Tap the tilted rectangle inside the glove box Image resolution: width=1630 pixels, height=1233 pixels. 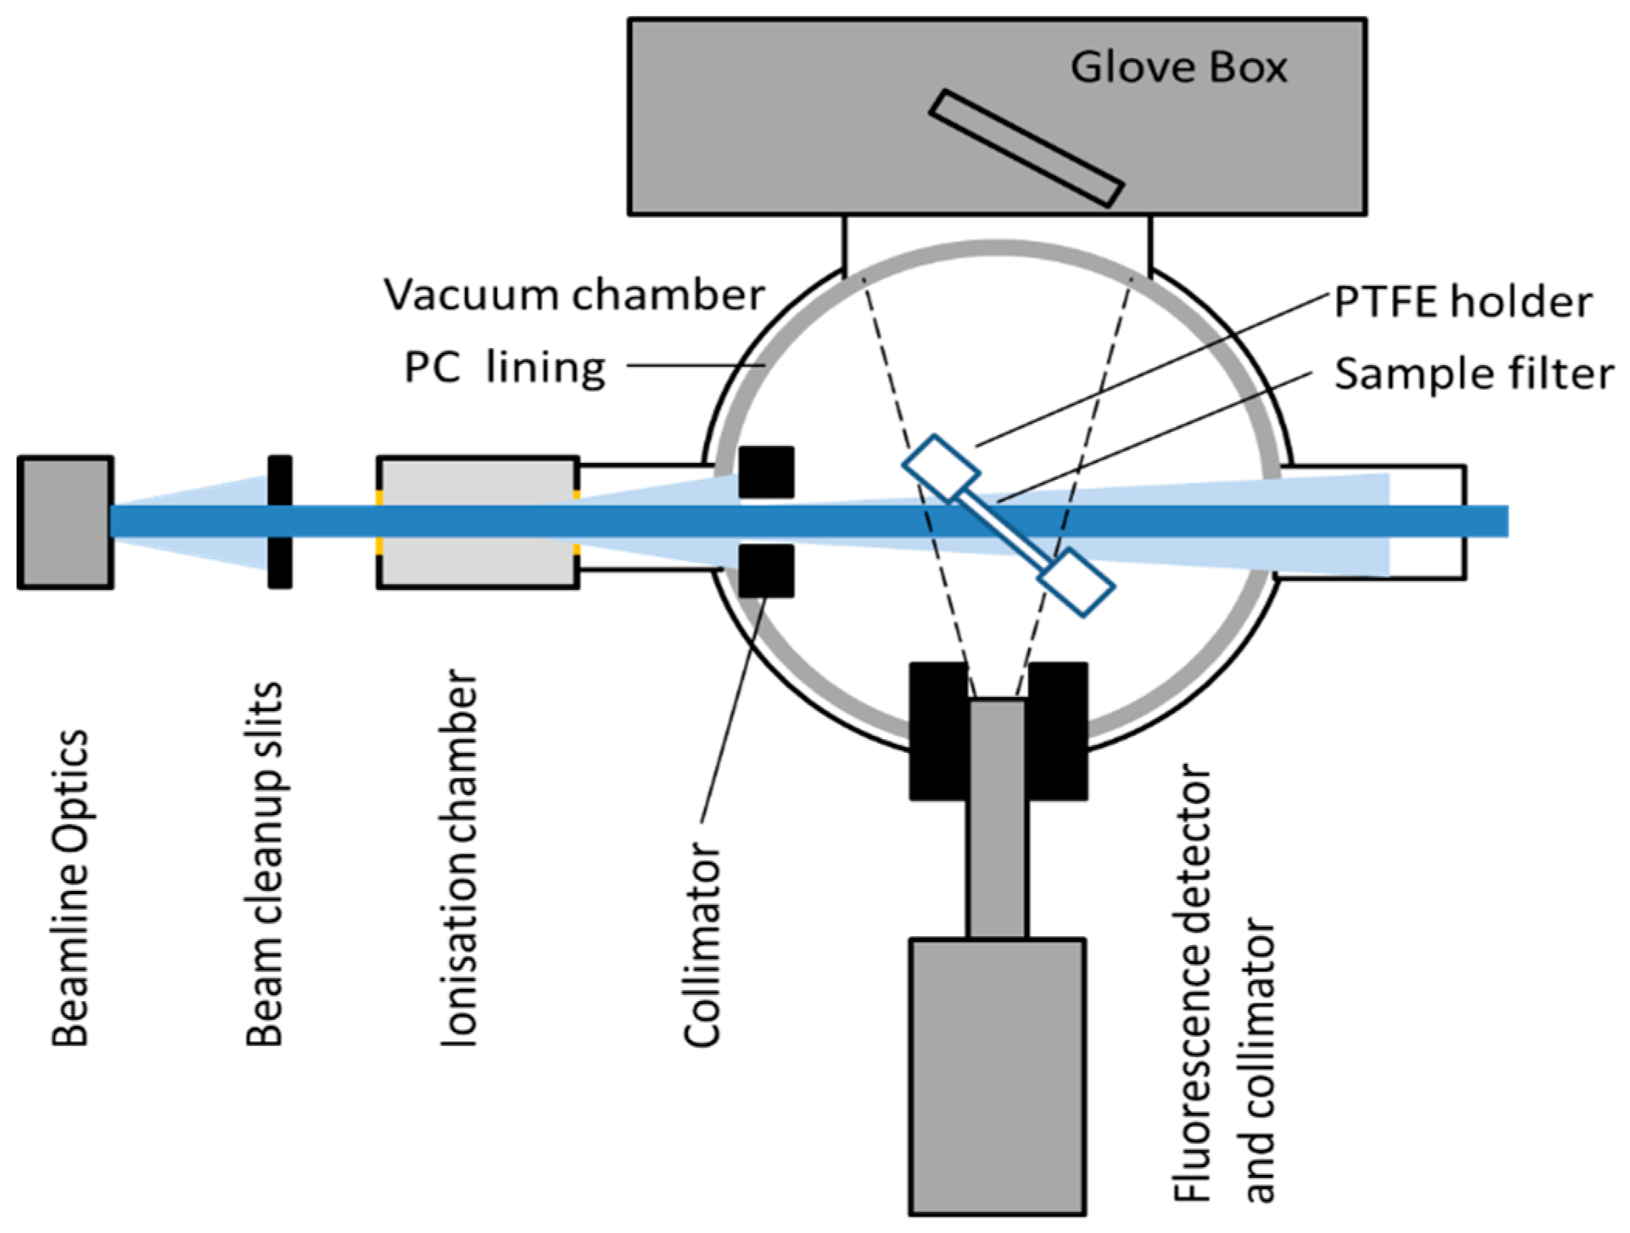[1026, 149]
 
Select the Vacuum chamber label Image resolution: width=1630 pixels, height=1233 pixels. [574, 295]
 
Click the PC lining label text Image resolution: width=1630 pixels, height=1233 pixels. [504, 368]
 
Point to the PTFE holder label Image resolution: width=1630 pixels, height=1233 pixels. [1462, 302]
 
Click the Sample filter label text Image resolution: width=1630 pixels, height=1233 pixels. [1473, 375]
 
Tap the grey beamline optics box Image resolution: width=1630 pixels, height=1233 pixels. [65, 522]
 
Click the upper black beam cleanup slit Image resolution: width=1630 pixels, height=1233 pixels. [280, 481]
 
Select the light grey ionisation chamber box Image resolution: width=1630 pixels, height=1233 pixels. [478, 522]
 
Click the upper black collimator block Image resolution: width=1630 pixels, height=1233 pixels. [765, 471]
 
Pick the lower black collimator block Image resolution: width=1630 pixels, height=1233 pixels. [765, 571]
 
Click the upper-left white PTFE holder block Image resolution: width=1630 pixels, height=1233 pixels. [941, 468]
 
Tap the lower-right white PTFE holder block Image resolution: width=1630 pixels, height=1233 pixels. [1076, 582]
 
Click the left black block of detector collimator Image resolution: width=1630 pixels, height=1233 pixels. [938, 730]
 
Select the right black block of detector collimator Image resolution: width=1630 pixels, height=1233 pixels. [1057, 730]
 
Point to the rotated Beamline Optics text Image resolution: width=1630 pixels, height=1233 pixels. [70, 887]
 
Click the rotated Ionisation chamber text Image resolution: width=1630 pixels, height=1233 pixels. [458, 858]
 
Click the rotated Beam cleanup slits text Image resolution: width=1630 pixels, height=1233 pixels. [264, 864]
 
